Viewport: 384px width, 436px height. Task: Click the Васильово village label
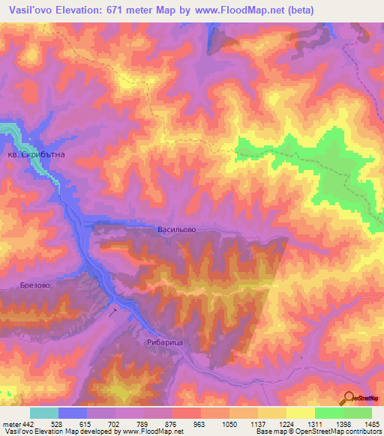[177, 231]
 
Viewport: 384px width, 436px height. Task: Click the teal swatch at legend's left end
[43, 413]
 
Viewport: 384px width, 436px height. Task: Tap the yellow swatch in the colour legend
[300, 413]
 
